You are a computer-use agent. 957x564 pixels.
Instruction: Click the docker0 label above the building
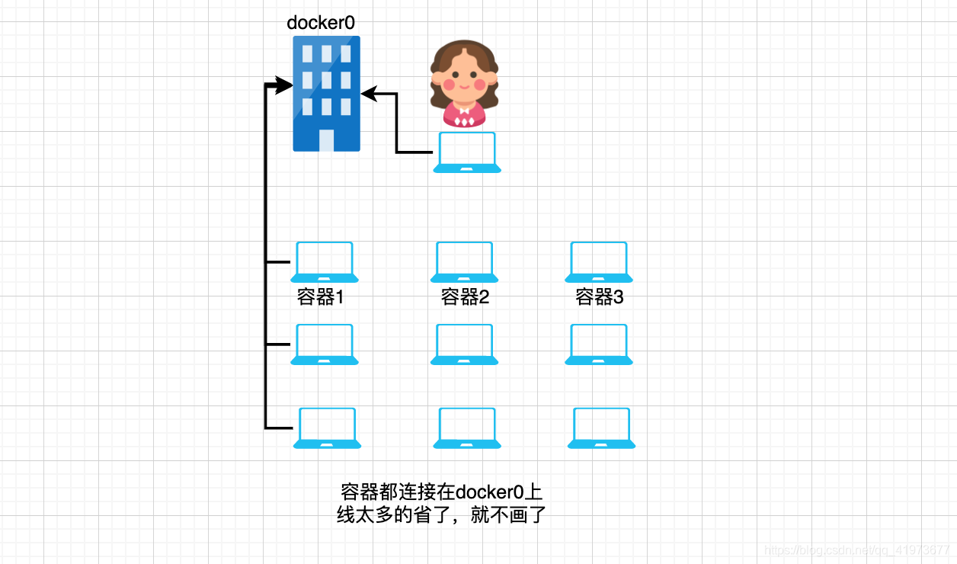pyautogui.click(x=321, y=23)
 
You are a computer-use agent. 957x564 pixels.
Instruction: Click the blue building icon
pyautogui.click(x=326, y=93)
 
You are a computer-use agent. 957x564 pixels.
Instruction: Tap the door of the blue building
pyautogui.click(x=326, y=140)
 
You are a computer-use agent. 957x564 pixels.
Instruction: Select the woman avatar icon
pyautogui.click(x=463, y=84)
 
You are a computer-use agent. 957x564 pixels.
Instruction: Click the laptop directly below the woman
pyautogui.click(x=467, y=152)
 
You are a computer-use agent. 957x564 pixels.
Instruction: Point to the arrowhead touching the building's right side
pyautogui.click(x=368, y=94)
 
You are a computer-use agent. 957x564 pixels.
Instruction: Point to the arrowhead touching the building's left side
pyautogui.click(x=285, y=85)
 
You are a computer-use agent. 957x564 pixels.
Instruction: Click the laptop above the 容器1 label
pyautogui.click(x=325, y=261)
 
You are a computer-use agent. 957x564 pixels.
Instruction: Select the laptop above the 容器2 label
pyautogui.click(x=465, y=261)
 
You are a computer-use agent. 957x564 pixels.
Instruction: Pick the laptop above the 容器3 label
pyautogui.click(x=599, y=261)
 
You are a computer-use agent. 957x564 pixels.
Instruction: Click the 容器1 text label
pyautogui.click(x=321, y=296)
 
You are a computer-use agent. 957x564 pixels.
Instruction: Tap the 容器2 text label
pyautogui.click(x=465, y=296)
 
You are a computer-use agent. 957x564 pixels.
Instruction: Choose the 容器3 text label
pyautogui.click(x=599, y=296)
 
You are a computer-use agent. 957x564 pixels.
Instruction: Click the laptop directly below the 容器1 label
pyautogui.click(x=325, y=344)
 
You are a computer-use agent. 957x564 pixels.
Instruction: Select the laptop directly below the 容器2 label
pyautogui.click(x=465, y=344)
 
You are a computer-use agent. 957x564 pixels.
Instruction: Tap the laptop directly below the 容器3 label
pyautogui.click(x=599, y=344)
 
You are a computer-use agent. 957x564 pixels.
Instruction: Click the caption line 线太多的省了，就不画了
pyautogui.click(x=442, y=515)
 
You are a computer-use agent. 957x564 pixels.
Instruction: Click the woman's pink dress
pyautogui.click(x=463, y=117)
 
